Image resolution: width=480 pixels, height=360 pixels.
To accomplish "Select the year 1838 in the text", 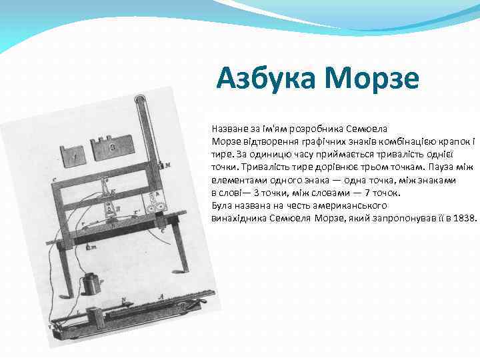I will pos(464,217).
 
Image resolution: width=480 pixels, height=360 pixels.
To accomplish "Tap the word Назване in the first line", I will pos(227,127).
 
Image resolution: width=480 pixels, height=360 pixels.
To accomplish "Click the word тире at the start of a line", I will pos(219,153).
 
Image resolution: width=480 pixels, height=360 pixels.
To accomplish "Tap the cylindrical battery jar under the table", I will pos(89,285).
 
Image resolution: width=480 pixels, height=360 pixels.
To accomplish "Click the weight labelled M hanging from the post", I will pos(161,164).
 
